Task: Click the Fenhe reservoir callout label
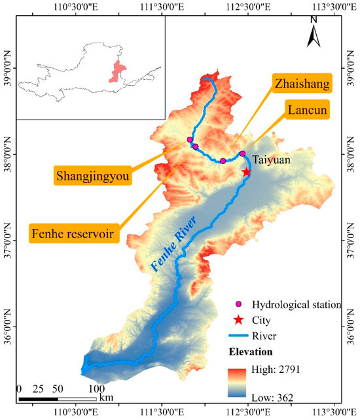coord(75,232)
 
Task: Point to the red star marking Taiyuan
coord(247,172)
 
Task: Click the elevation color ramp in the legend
coord(239,383)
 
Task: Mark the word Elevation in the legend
coord(252,353)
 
